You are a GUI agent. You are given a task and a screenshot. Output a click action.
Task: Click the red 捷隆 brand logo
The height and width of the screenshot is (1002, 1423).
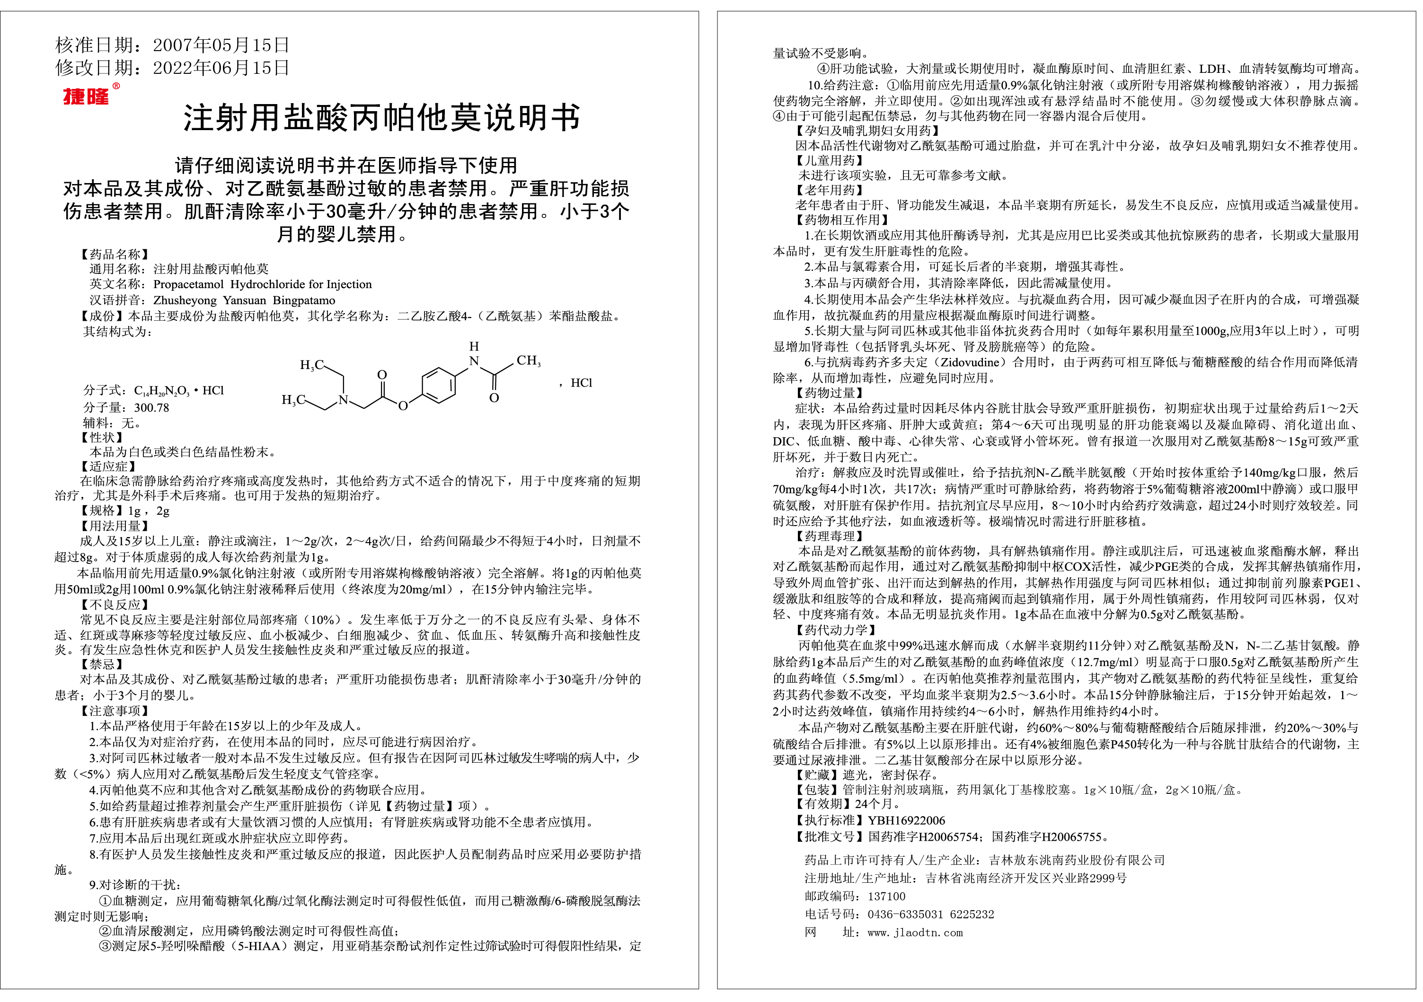[86, 97]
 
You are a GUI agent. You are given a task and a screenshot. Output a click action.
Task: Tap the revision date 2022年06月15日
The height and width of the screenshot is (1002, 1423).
[221, 68]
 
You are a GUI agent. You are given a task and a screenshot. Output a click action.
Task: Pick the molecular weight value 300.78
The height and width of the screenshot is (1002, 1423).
[152, 408]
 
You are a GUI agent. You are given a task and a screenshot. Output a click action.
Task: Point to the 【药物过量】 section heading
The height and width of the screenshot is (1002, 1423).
[829, 393]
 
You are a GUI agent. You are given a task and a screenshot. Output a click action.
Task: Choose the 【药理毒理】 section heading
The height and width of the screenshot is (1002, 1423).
[829, 536]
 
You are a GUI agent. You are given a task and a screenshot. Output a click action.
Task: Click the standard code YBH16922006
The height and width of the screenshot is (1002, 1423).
[906, 820]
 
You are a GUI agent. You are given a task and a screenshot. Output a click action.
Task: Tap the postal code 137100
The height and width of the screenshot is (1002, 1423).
[886, 896]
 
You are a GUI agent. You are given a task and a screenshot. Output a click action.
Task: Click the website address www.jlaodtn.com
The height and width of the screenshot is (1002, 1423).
[915, 932]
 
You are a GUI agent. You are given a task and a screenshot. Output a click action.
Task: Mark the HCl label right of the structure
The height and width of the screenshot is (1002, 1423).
[581, 383]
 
